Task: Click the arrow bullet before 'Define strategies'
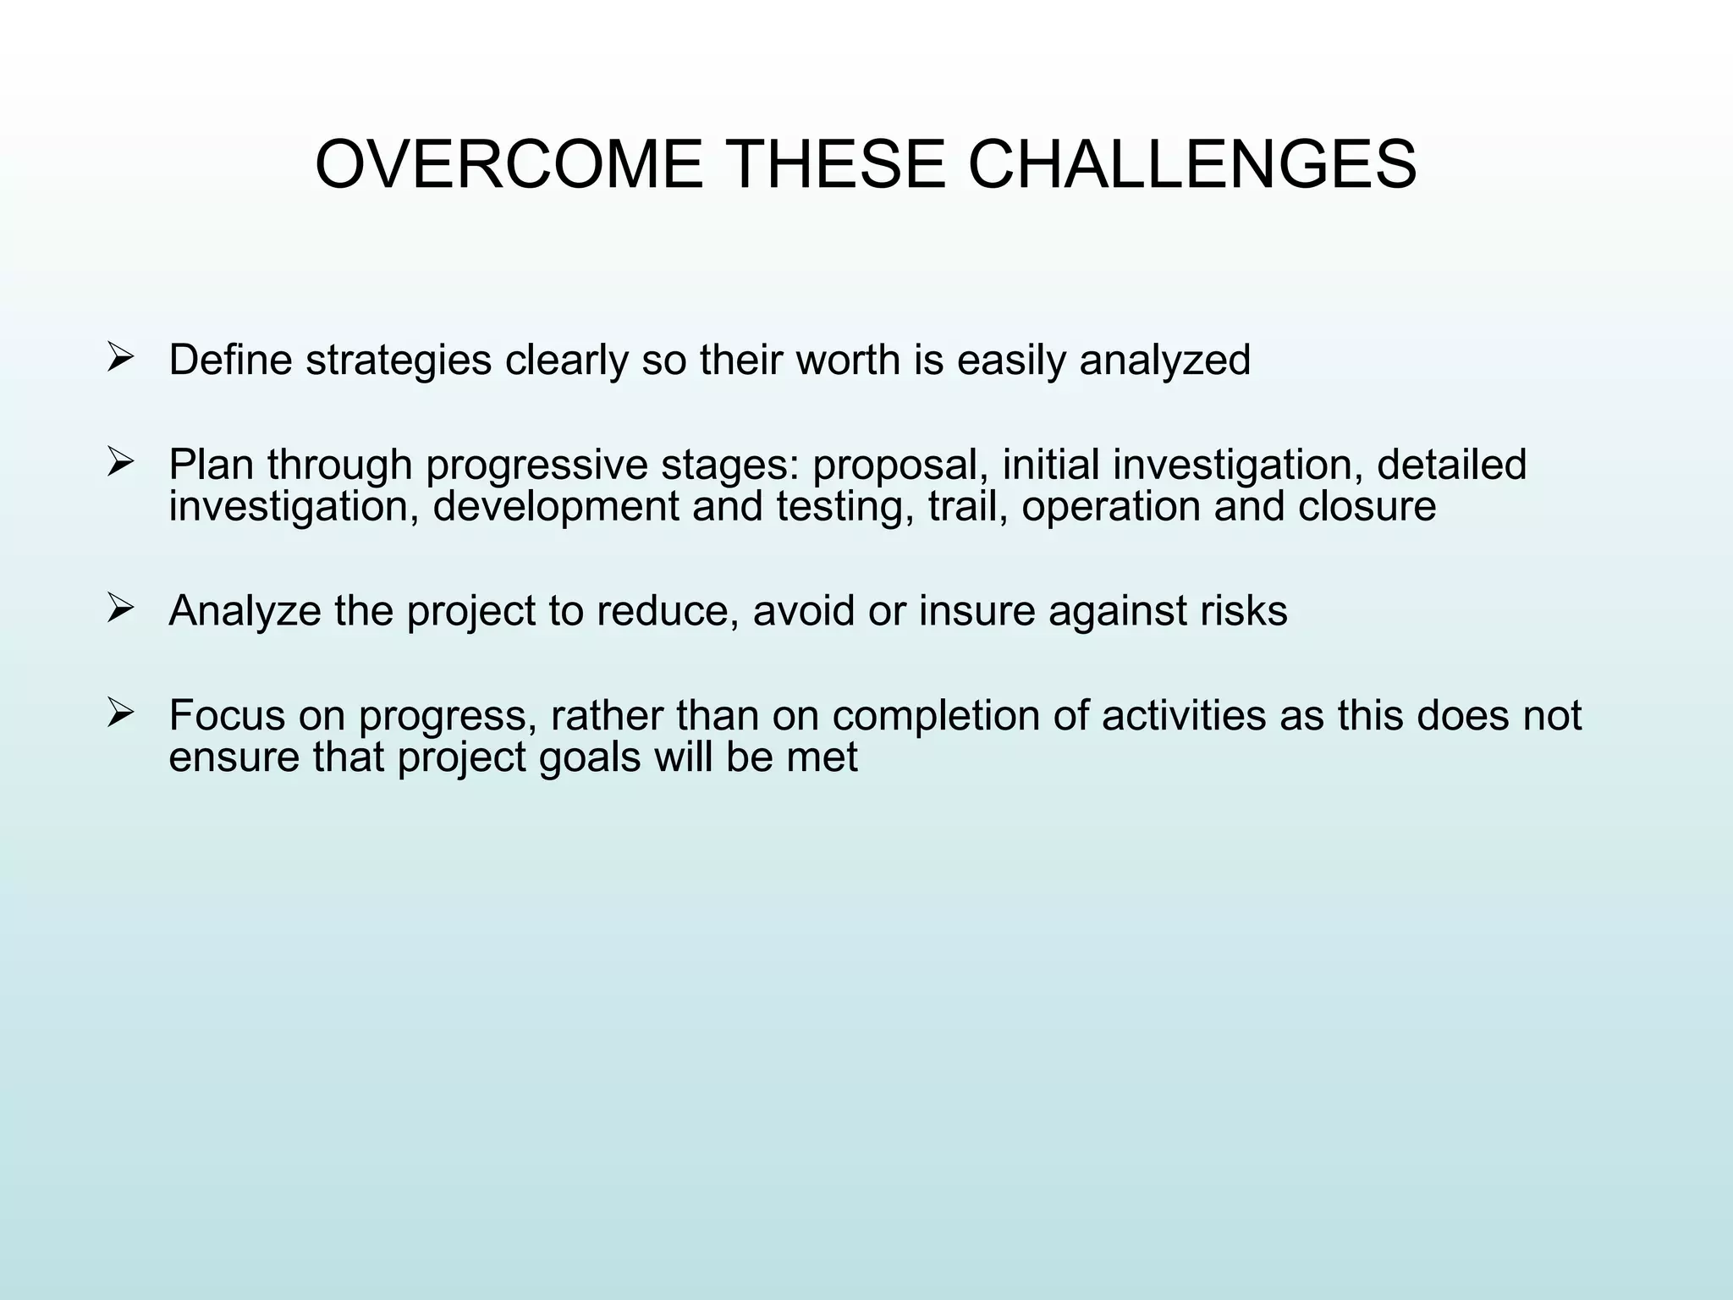click(120, 359)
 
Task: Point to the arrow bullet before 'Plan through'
click(120, 464)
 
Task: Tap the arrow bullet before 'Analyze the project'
click(120, 609)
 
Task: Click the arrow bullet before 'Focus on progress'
click(120, 714)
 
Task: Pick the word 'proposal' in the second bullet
click(900, 465)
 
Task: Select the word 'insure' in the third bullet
click(977, 611)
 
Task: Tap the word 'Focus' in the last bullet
click(227, 715)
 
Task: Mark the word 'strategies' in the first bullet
click(399, 361)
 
